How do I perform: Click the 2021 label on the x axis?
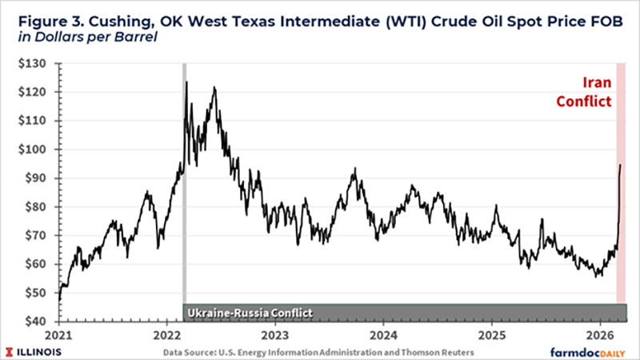[61, 334]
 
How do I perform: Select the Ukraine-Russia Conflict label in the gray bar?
[248, 312]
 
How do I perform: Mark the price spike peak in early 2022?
[186, 82]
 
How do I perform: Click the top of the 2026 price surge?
[620, 165]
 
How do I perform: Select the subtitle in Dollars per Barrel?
[84, 38]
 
